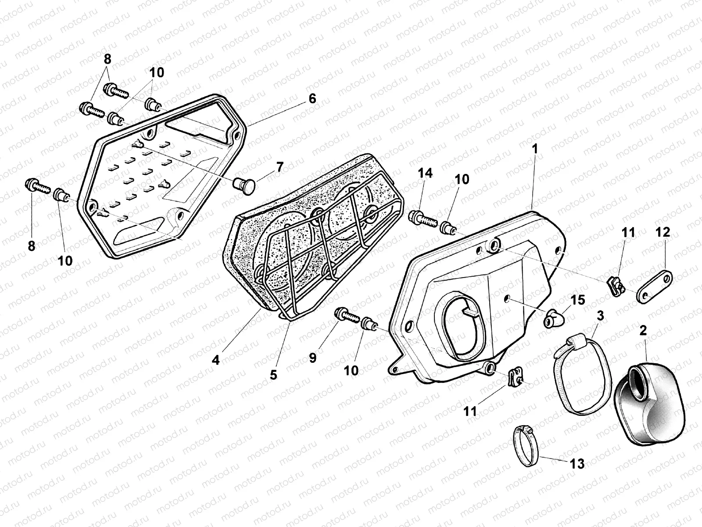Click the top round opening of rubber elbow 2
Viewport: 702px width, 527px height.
coord(640,375)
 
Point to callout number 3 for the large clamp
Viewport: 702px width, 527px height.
coord(600,315)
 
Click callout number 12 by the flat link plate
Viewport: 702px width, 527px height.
coord(663,232)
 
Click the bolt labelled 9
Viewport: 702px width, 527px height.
coord(347,315)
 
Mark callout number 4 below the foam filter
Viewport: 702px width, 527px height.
coord(215,360)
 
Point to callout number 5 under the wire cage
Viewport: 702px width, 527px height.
coord(273,375)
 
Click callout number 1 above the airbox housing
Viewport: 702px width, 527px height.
coord(535,149)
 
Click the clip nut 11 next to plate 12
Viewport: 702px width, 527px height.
coord(616,285)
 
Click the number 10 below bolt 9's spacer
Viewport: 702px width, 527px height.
coord(351,370)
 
